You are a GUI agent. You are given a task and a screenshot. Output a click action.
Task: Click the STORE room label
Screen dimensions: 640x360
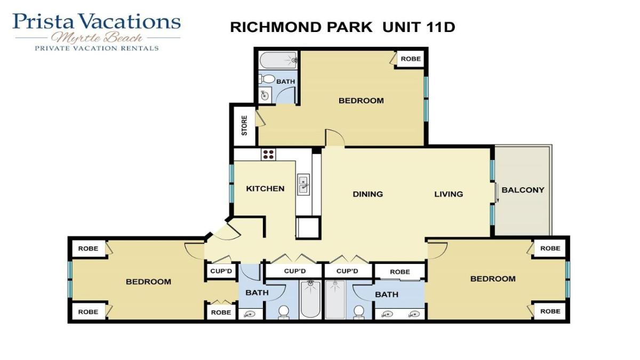pos(244,125)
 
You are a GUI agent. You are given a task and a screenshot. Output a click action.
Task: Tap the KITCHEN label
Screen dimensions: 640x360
pos(265,189)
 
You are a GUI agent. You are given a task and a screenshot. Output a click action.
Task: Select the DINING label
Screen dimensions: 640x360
pos(367,194)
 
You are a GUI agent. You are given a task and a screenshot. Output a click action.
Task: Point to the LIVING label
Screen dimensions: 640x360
pos(449,194)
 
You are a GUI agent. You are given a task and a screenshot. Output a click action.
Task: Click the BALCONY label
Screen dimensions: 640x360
pos(523,190)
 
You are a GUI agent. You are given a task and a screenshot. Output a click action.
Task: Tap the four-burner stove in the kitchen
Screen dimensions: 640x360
pos(268,154)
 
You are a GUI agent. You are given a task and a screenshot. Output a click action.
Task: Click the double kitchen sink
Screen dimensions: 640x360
pos(303,185)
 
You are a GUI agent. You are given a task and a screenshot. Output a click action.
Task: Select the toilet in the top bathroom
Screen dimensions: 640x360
pos(267,79)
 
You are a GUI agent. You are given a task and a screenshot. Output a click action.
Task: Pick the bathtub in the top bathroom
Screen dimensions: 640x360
pos(278,60)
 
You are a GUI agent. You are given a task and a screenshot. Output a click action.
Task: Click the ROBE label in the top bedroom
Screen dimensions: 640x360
pos(411,59)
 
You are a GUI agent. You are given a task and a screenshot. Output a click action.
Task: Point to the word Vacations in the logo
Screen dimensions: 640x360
pos(130,21)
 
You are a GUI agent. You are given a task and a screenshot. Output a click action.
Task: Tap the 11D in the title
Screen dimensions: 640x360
pos(440,27)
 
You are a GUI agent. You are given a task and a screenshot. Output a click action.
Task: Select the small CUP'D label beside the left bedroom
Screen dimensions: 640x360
pos(221,270)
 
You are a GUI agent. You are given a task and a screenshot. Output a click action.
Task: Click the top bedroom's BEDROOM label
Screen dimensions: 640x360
pos(361,101)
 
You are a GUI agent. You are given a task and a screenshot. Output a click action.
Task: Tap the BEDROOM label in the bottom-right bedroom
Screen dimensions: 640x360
pos(493,279)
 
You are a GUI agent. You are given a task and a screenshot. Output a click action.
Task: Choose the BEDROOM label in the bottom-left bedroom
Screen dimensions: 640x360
pos(148,282)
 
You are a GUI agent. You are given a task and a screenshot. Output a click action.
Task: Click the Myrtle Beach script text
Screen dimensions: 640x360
pos(97,37)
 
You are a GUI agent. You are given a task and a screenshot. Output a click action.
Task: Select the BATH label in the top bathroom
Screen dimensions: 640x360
pos(285,82)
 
